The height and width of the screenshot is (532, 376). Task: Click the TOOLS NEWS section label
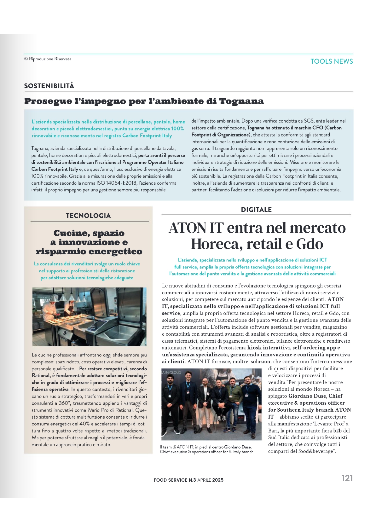coord(331,61)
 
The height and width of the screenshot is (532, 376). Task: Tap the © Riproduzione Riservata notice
coord(48,59)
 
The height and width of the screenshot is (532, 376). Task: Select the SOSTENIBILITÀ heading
coord(49,86)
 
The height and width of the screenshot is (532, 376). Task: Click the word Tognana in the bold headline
coord(241,101)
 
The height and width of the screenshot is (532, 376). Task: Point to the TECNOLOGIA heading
coord(88,216)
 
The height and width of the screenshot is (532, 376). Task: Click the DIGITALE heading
coord(256,210)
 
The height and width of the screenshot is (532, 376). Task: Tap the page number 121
coord(347,478)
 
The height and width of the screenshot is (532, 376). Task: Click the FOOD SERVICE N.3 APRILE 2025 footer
coord(188,480)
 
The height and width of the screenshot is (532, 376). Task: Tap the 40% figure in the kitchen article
coord(85,424)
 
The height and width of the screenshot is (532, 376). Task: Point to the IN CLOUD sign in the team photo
coord(172,372)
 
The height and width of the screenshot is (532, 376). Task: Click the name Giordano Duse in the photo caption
coord(238,447)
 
